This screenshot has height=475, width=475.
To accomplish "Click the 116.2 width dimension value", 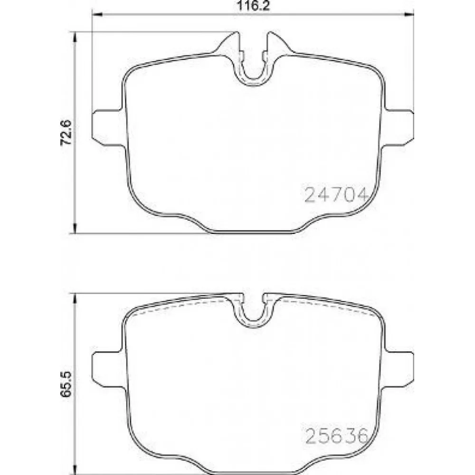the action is click(x=253, y=5).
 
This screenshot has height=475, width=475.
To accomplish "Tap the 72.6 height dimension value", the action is click(x=66, y=133).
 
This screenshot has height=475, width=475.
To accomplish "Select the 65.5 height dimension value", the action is click(x=66, y=384).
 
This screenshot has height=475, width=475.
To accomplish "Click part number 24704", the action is click(x=336, y=194).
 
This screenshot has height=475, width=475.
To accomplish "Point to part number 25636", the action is click(x=337, y=436).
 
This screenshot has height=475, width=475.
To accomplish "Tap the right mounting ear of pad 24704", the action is click(x=397, y=127).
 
